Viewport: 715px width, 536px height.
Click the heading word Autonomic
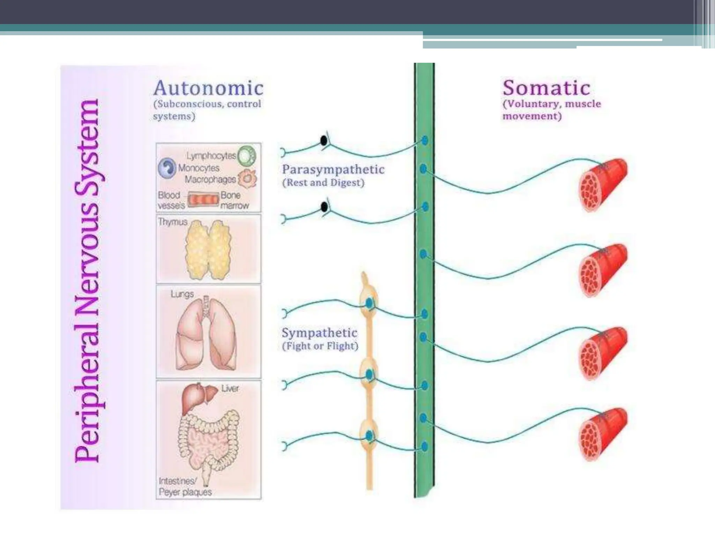[x=208, y=88]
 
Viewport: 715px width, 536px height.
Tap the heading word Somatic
[x=546, y=88]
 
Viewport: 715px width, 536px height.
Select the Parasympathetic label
[x=333, y=170]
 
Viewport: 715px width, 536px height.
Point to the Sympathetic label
[x=319, y=333]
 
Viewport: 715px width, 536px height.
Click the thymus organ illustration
[x=209, y=250]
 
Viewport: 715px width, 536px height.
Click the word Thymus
[x=172, y=222]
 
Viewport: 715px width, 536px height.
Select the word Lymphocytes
[x=211, y=156]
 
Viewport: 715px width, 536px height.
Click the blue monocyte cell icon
[x=167, y=168]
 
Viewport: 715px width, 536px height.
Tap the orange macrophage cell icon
[x=248, y=178]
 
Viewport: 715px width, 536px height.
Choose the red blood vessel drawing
[x=203, y=200]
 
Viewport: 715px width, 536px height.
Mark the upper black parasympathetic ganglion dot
[x=324, y=141]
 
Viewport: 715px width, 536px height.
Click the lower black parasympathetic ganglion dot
[x=324, y=207]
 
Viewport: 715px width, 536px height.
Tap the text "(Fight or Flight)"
[x=320, y=346]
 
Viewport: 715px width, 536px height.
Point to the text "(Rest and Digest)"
[x=323, y=183]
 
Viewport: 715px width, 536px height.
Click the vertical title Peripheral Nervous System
[x=87, y=281]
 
